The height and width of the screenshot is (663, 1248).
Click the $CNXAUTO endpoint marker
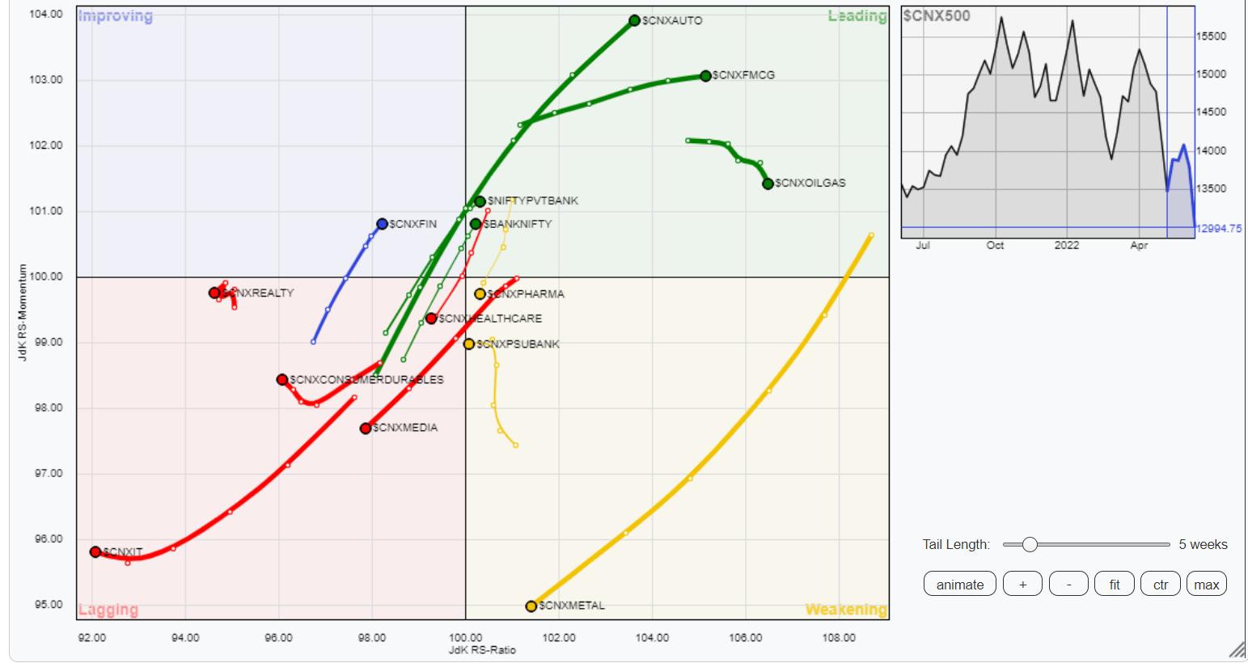click(x=635, y=20)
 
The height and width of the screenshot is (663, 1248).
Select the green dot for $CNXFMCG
click(x=705, y=76)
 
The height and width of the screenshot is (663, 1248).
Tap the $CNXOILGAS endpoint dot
click(x=768, y=184)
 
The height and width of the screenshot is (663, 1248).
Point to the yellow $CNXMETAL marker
click(x=531, y=606)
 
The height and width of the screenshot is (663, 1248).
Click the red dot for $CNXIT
click(x=95, y=552)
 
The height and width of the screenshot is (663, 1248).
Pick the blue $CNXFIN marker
click(x=382, y=224)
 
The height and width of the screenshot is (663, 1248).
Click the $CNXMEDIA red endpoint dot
click(x=366, y=429)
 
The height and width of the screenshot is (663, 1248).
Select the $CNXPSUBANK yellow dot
click(x=469, y=344)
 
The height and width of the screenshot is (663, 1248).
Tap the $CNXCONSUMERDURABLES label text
click(x=366, y=380)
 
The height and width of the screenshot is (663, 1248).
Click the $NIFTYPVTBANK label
click(x=533, y=201)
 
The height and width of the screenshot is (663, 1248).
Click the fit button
click(x=1115, y=585)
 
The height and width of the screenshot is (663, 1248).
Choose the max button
click(x=1206, y=585)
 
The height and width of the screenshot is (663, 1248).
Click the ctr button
click(x=1161, y=585)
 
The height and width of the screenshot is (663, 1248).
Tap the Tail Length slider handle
click(x=1030, y=545)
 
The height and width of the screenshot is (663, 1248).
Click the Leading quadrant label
click(x=857, y=16)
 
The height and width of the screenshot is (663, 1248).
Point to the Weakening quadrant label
click(x=845, y=610)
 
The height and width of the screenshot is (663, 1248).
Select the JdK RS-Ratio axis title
click(x=482, y=650)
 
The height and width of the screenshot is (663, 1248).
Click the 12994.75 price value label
click(x=1219, y=229)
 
